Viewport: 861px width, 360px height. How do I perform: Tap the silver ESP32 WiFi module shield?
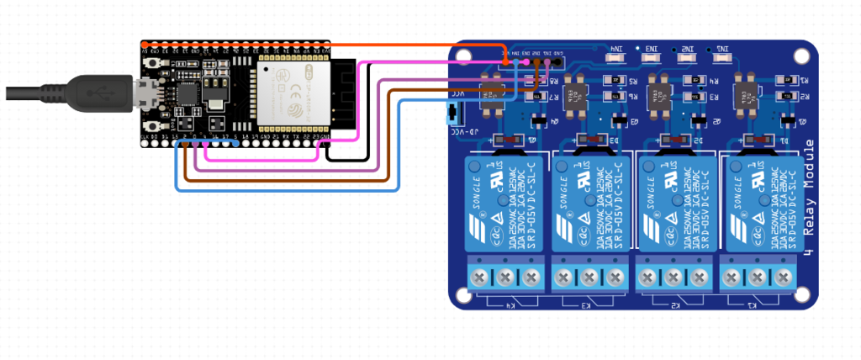click(x=295, y=95)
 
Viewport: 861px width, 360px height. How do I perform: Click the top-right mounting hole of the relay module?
click(x=802, y=56)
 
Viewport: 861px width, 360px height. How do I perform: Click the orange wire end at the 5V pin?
click(x=504, y=61)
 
